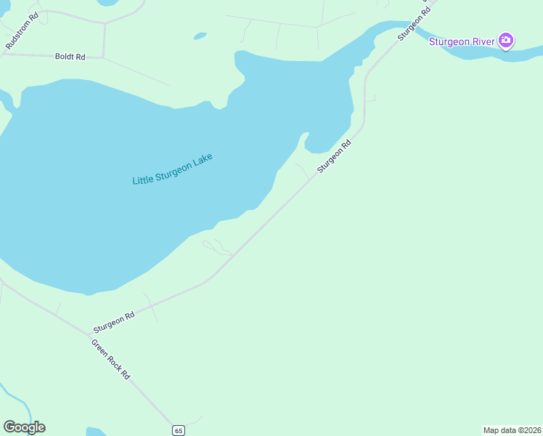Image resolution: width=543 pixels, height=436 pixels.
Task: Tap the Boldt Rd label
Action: (70, 56)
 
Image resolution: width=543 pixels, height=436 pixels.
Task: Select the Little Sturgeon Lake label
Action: (172, 169)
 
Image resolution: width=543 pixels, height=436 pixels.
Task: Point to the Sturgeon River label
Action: (462, 41)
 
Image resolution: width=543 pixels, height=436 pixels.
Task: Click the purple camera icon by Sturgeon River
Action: (507, 41)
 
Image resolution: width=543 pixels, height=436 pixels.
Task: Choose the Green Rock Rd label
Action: (110, 359)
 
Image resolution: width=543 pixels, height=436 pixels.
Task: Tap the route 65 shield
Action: (179, 430)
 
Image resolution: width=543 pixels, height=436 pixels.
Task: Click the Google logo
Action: (24, 427)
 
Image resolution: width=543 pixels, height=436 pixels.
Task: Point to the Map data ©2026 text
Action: (512, 430)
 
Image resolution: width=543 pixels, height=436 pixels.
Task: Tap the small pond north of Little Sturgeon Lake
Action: (199, 35)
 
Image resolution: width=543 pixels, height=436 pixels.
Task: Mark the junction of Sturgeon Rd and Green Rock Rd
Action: (88, 335)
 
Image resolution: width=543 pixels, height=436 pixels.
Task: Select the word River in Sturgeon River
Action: (482, 41)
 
